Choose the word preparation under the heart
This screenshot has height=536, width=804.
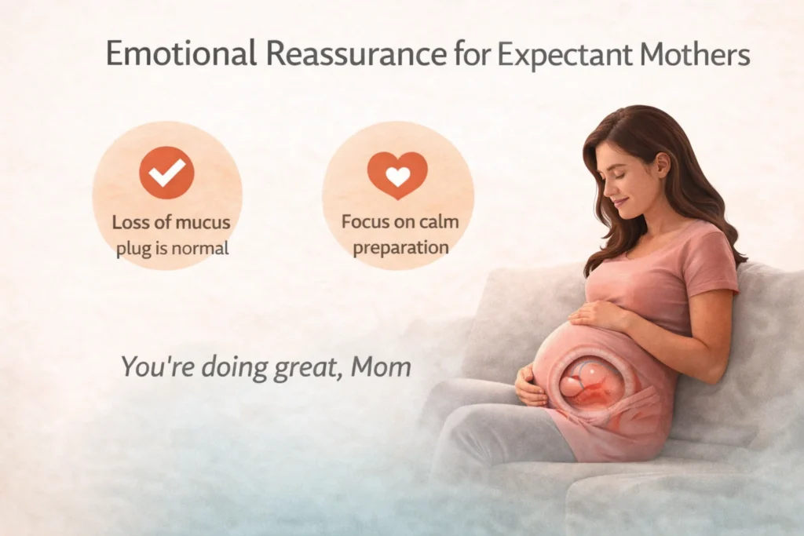[x=400, y=247]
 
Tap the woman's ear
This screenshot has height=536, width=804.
[x=662, y=165]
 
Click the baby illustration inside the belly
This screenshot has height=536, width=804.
[x=590, y=381]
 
